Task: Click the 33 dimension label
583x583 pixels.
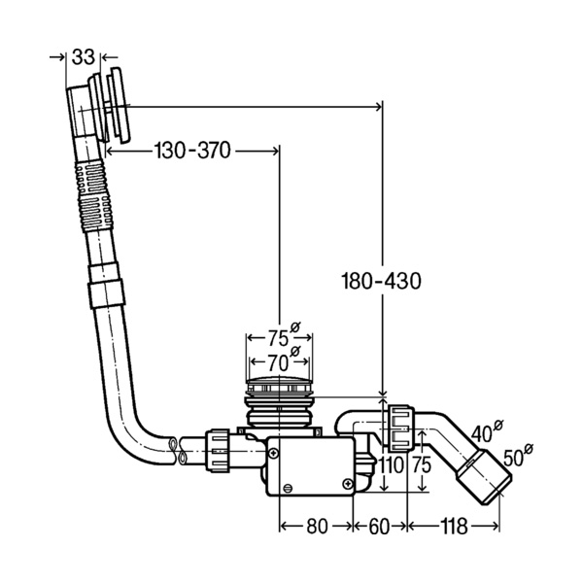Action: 83,57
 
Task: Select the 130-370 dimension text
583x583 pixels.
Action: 192,151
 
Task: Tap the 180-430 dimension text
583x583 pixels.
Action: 381,281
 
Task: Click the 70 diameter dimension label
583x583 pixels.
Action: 283,361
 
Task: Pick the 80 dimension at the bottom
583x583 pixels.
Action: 317,526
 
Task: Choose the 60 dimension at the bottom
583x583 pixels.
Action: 379,526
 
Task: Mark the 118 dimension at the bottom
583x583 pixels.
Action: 454,526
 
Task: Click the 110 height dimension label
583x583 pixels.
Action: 391,464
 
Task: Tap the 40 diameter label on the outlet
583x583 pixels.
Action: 487,431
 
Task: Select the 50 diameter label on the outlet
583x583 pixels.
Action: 518,456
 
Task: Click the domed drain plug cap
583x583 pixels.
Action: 279,382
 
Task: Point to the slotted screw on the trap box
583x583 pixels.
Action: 288,488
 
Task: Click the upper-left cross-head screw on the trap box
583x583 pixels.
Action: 274,453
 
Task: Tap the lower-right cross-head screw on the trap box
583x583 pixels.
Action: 347,483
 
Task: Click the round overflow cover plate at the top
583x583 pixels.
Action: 119,105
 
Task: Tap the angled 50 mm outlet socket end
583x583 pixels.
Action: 484,477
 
